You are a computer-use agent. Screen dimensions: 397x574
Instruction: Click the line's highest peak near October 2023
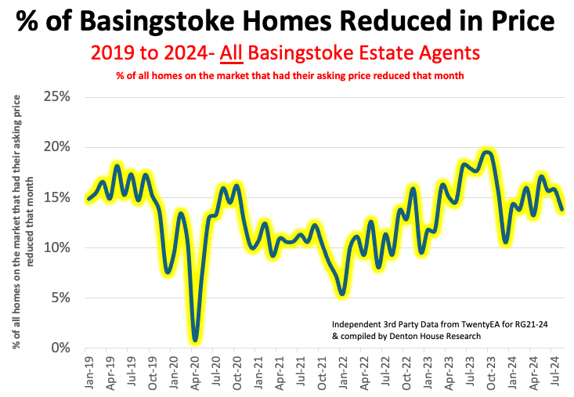click(x=487, y=152)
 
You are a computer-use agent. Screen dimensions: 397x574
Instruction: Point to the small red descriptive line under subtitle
click(x=285, y=75)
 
